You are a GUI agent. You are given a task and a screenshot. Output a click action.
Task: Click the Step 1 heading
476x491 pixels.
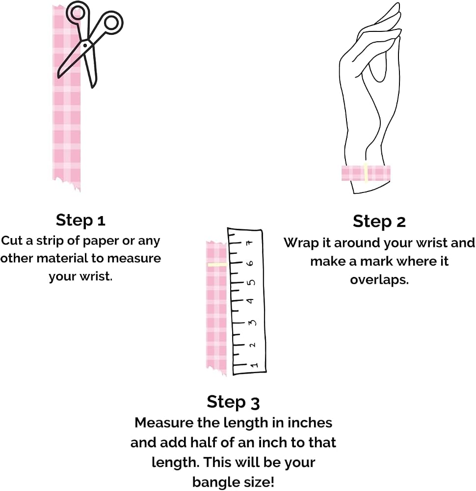pyautogui.click(x=80, y=220)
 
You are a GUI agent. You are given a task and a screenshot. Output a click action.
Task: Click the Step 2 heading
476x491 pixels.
pyautogui.click(x=379, y=221)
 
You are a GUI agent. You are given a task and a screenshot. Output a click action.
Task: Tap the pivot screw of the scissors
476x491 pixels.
pyautogui.click(x=85, y=45)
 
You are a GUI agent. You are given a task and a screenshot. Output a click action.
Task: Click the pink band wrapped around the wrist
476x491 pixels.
pyautogui.click(x=366, y=173)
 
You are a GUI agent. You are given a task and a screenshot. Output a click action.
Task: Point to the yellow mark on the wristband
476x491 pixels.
pyautogui.click(x=366, y=172)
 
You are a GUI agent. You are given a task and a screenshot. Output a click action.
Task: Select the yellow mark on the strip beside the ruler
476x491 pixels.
pyautogui.click(x=217, y=265)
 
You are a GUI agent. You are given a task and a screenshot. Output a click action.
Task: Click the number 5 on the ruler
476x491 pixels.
pyautogui.click(x=251, y=282)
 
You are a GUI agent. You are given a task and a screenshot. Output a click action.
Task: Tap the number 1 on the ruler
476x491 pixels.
pyautogui.click(x=254, y=365)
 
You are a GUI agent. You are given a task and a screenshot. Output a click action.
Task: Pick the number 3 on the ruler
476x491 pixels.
pyautogui.click(x=252, y=323)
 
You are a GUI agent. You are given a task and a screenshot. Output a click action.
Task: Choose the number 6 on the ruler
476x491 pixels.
pyautogui.click(x=250, y=263)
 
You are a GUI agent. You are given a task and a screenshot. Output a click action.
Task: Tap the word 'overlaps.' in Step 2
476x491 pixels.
pyautogui.click(x=379, y=279)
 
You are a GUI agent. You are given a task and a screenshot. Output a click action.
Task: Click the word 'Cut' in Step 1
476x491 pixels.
pyautogui.click(x=12, y=241)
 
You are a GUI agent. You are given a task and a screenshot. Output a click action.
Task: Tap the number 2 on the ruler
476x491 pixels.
pyautogui.click(x=252, y=345)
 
